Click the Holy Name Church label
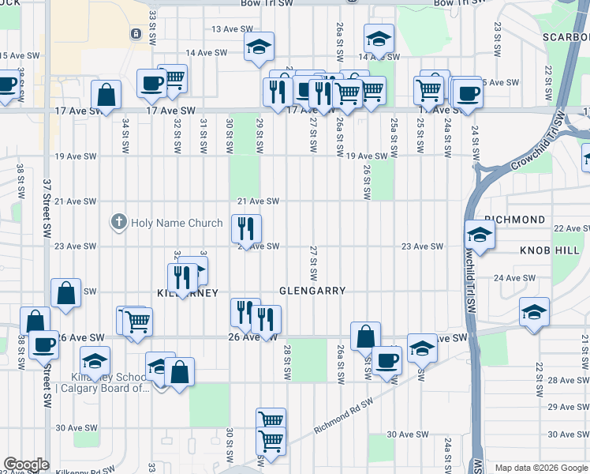tap(177, 223)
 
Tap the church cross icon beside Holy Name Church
tap(119, 223)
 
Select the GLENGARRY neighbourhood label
tap(312, 291)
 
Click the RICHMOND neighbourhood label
tap(514, 219)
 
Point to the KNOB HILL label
tap(549, 250)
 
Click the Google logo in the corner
tap(26, 465)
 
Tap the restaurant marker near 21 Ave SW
tap(246, 229)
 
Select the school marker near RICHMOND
tap(480, 235)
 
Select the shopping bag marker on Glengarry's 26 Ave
tap(365, 337)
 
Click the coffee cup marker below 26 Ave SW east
tap(386, 360)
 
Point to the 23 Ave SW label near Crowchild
tap(422, 246)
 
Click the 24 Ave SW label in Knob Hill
tap(514, 278)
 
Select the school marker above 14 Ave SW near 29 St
tap(258, 47)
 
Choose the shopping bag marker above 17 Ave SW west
tap(106, 96)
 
